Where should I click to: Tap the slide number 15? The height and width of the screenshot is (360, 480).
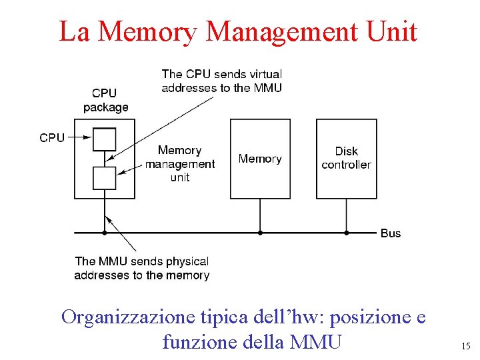[x=465, y=346]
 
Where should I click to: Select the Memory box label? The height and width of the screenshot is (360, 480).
[x=260, y=159]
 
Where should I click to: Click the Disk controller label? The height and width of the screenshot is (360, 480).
[x=346, y=158]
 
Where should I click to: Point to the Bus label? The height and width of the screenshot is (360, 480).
[x=391, y=233]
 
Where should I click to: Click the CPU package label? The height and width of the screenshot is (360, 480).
[x=105, y=100]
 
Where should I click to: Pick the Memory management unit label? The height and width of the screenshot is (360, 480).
[x=180, y=163]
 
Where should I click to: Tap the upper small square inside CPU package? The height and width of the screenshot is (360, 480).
[x=105, y=139]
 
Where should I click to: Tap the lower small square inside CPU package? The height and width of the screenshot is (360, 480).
[x=105, y=177]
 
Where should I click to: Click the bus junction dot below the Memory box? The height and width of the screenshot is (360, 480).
[x=260, y=233]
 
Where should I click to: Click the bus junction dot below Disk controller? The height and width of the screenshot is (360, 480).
[x=346, y=233]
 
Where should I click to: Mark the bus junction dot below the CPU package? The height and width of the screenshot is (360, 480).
[x=105, y=233]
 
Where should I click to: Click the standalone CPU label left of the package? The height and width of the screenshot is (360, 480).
[x=52, y=138]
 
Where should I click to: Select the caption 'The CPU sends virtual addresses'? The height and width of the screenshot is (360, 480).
[x=221, y=81]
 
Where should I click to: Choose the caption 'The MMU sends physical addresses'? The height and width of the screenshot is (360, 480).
[x=141, y=268]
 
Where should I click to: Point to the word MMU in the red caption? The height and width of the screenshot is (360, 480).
[x=317, y=342]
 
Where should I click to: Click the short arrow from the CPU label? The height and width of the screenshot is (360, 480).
[x=79, y=138]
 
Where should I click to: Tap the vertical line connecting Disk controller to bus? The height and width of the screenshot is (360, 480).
[x=346, y=215]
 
